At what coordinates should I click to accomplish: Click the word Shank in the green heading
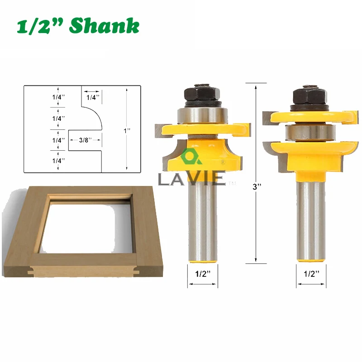(105, 25)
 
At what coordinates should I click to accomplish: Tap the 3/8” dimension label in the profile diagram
(85, 140)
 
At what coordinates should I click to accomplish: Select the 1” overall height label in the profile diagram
(127, 131)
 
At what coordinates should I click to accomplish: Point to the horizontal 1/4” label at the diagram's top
(93, 97)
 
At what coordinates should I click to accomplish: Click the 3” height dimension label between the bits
(257, 186)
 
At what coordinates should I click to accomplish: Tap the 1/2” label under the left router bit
(203, 274)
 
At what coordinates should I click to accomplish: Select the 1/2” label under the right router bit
(311, 274)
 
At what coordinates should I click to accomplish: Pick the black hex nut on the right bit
(310, 95)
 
